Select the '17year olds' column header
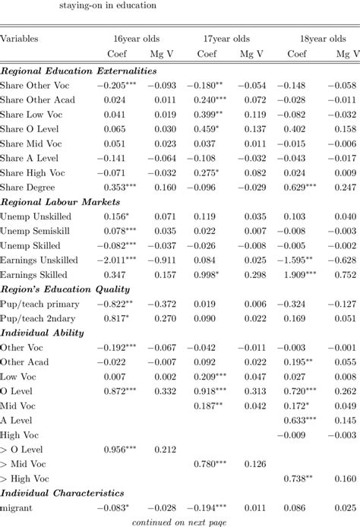tap(226, 37)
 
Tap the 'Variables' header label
tap(19, 37)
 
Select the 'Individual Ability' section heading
tap(37, 332)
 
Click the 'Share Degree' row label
tap(29, 188)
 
